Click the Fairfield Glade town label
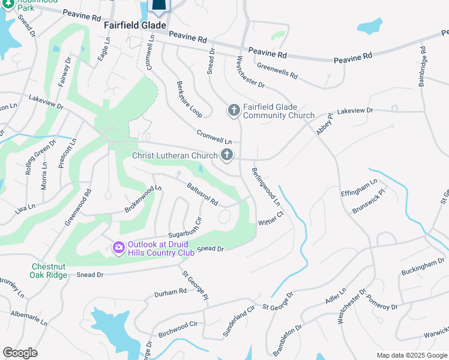134,26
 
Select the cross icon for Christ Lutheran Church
227,155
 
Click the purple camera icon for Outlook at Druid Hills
118,247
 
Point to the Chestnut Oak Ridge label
49,271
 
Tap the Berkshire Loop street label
189,98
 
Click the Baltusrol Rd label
202,194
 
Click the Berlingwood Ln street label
265,187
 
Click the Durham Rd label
170,292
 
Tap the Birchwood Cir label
178,328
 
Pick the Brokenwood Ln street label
143,198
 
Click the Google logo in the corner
20,353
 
